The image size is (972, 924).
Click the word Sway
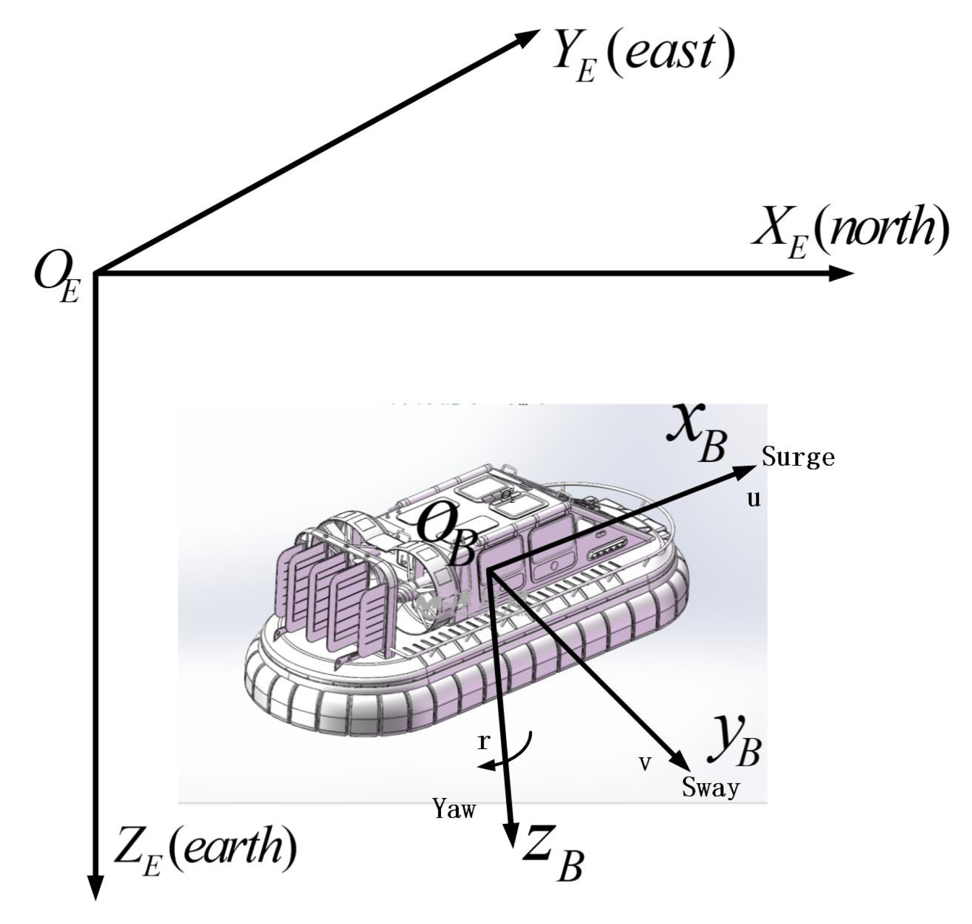click(710, 788)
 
